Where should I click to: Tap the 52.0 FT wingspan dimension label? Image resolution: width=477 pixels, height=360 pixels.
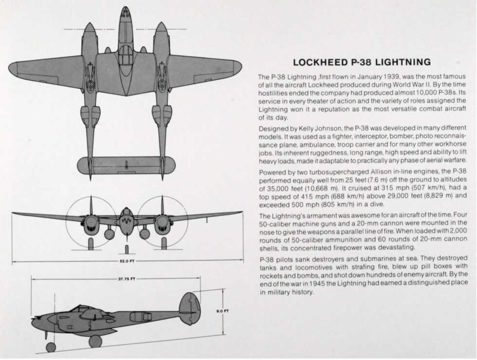127,261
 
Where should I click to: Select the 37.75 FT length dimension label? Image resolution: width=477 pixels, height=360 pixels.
127,279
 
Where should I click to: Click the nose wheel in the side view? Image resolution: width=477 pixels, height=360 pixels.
51,347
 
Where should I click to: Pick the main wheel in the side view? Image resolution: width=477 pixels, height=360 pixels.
95,341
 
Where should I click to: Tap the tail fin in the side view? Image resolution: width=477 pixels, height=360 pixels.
189,308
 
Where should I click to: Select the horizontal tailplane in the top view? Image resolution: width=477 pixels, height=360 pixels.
126,165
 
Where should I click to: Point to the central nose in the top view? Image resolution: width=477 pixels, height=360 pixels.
126,19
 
